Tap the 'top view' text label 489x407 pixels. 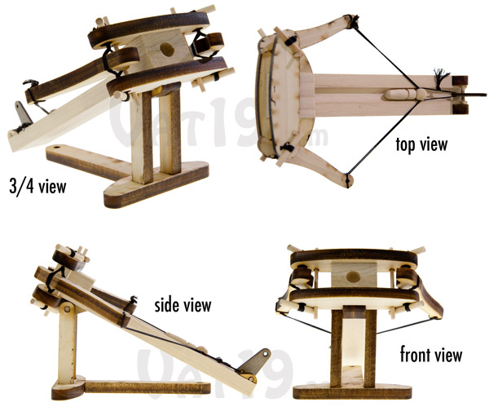(423, 144)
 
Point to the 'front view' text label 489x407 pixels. (431, 355)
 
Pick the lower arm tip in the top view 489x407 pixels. (349, 175)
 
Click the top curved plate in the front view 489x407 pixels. (354, 259)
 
